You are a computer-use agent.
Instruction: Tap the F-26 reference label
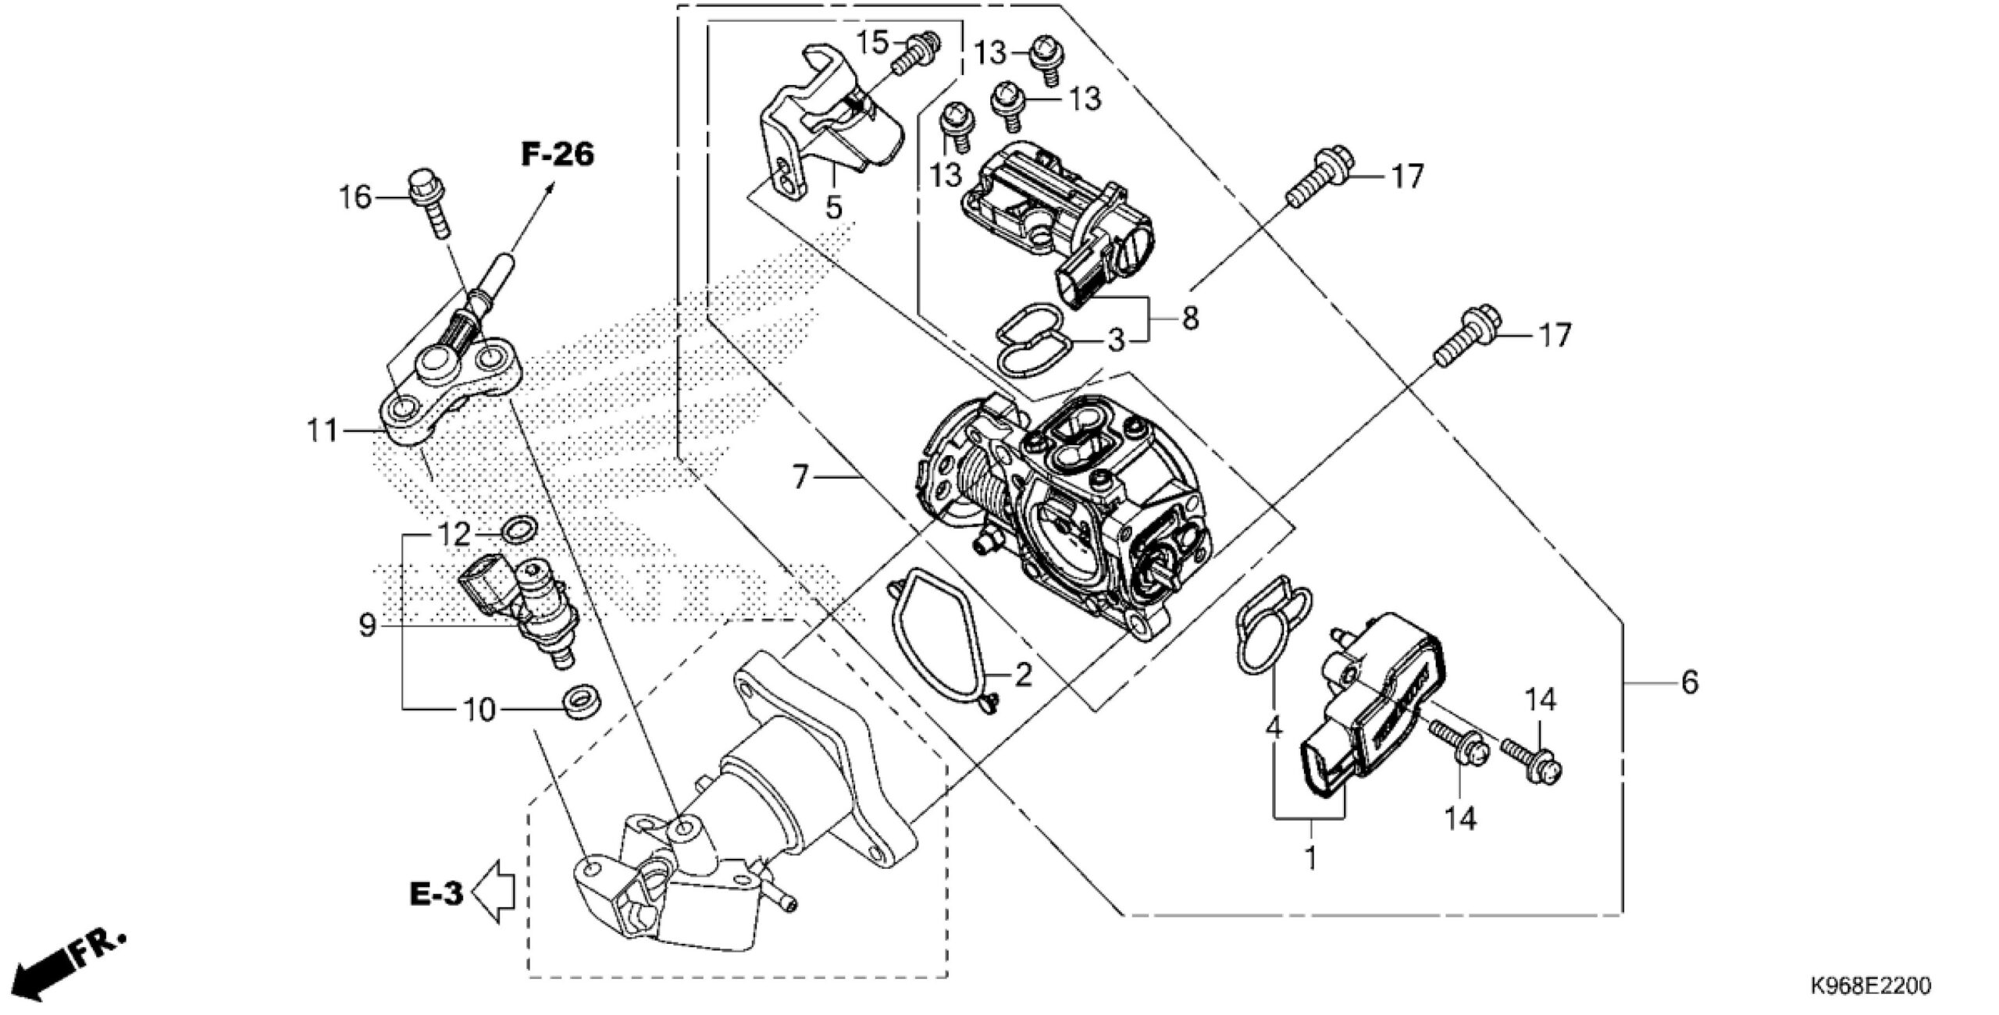click(558, 155)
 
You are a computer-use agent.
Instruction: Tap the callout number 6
click(1688, 683)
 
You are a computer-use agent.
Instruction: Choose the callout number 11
click(322, 430)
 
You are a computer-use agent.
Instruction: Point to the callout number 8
click(1189, 318)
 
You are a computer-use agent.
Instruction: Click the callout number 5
click(834, 208)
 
